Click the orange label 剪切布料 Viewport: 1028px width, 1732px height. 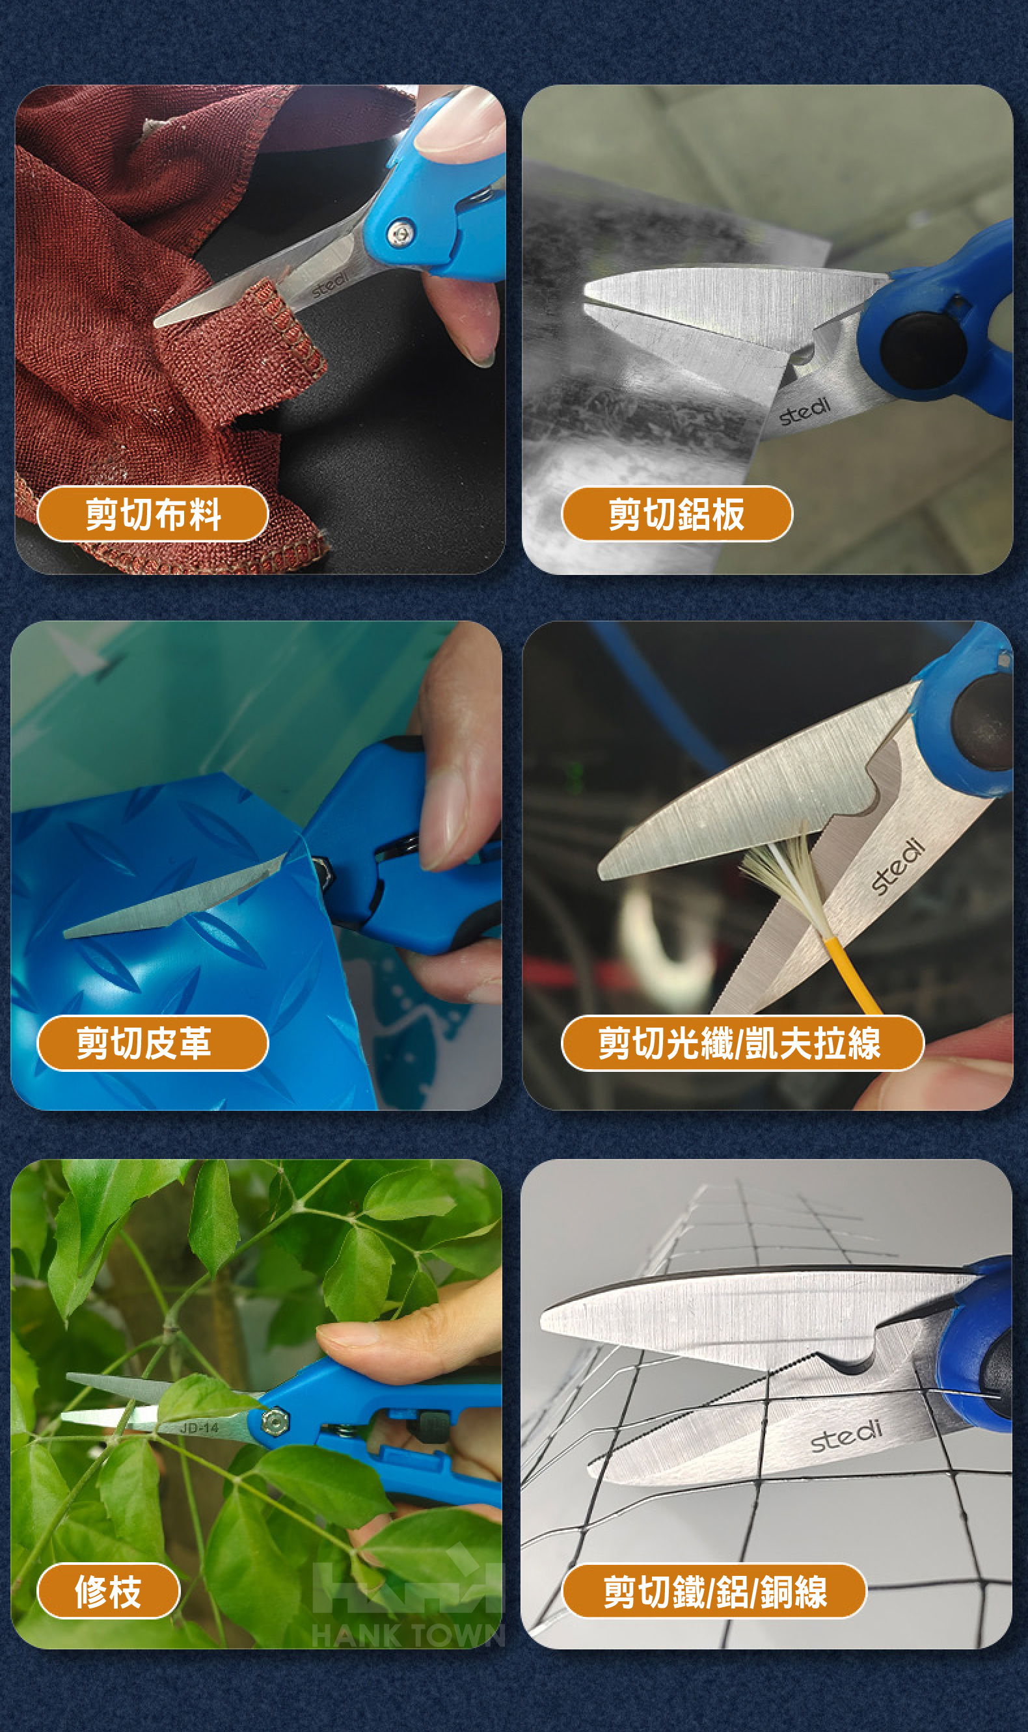click(152, 514)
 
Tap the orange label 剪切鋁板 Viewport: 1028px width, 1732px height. click(677, 514)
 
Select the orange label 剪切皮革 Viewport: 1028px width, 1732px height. click(152, 1043)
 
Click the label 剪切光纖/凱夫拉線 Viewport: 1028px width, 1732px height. click(742, 1043)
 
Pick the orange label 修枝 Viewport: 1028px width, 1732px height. click(109, 1591)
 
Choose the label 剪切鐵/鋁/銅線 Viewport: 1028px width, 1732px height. click(714, 1591)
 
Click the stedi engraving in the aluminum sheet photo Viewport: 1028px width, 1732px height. click(804, 411)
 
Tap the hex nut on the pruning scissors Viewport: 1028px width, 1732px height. click(275, 1421)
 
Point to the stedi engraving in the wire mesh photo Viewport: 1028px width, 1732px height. click(846, 1435)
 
